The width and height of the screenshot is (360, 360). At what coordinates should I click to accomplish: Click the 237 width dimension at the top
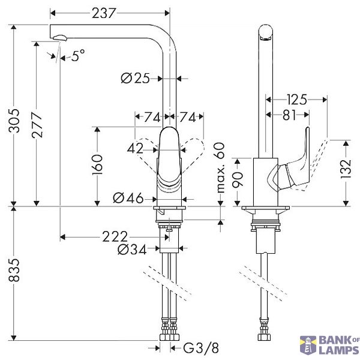(x=104, y=13)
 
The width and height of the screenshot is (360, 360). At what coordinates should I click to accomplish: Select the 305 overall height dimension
(x=14, y=121)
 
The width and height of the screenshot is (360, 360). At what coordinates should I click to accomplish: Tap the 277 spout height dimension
(x=37, y=125)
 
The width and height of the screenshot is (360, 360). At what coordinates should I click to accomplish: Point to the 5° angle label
(x=78, y=56)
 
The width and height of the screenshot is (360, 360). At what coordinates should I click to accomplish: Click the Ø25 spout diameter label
(x=135, y=78)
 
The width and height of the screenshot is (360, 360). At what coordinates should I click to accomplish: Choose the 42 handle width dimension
(x=135, y=149)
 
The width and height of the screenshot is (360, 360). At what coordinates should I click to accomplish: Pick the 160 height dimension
(x=97, y=164)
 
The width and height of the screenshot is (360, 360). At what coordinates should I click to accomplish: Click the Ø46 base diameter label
(x=128, y=198)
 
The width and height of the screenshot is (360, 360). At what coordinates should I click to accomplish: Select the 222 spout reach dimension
(x=115, y=237)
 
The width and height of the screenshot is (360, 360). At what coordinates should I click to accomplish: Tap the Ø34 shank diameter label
(x=132, y=250)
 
